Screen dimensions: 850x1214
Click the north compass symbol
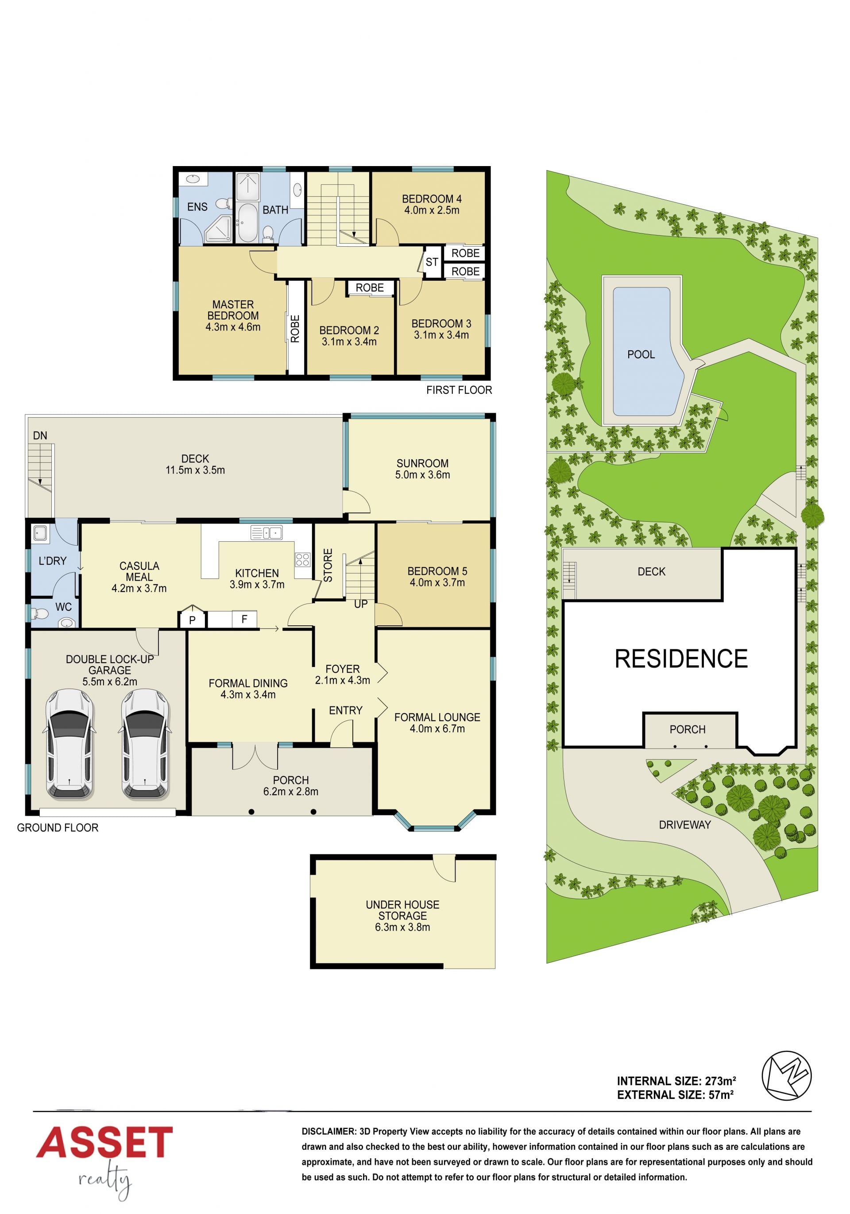click(x=786, y=1075)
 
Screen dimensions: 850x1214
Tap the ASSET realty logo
click(x=104, y=1162)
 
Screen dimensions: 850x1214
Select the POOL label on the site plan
click(x=641, y=354)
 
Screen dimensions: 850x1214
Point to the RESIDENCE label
click(x=681, y=659)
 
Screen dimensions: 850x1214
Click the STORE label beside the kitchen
click(x=328, y=565)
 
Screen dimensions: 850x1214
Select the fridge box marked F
click(x=244, y=619)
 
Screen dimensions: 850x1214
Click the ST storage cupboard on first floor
click(x=432, y=262)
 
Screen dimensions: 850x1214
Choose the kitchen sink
click(x=267, y=532)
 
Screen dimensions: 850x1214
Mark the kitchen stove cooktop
click(x=302, y=559)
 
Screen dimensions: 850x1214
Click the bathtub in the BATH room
click(x=247, y=223)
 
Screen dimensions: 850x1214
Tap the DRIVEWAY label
click(x=684, y=825)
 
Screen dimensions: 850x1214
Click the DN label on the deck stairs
click(x=40, y=436)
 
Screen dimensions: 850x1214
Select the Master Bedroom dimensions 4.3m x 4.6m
click(x=233, y=327)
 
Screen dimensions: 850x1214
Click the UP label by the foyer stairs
click(x=360, y=604)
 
